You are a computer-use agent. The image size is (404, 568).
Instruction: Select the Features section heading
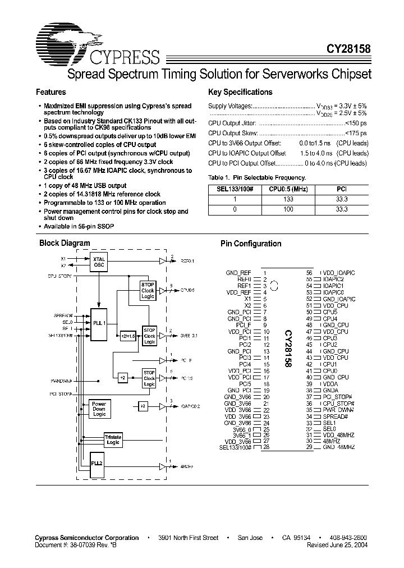pyautogui.click(x=50, y=92)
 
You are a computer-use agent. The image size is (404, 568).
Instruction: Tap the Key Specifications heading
pyautogui.click(x=240, y=92)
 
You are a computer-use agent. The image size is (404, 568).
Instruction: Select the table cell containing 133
pyautogui.click(x=288, y=199)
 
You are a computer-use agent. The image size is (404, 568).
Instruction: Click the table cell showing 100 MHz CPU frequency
pyautogui.click(x=288, y=209)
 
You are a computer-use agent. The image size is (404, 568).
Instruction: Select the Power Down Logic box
pyautogui.click(x=99, y=409)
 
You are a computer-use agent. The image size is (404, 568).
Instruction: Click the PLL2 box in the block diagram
pyautogui.click(x=97, y=463)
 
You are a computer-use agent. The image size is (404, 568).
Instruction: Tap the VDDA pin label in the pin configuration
pyautogui.click(x=330, y=384)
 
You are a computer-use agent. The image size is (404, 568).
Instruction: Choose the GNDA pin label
pyautogui.click(x=330, y=391)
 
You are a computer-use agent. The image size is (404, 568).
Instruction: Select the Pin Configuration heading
pyautogui.click(x=251, y=244)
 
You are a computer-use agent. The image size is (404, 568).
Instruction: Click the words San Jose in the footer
pyautogui.click(x=250, y=538)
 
